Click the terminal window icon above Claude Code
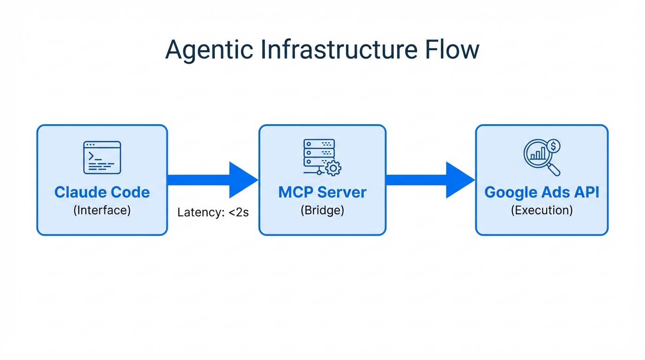tap(102, 157)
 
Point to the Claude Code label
tap(102, 192)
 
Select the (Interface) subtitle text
tap(102, 210)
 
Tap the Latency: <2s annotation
tap(213, 212)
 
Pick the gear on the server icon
tap(333, 168)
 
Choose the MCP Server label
tap(322, 192)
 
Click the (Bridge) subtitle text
tap(322, 210)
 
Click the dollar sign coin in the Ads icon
tap(553, 146)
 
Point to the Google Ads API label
tap(542, 192)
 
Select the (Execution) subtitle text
tap(542, 210)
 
